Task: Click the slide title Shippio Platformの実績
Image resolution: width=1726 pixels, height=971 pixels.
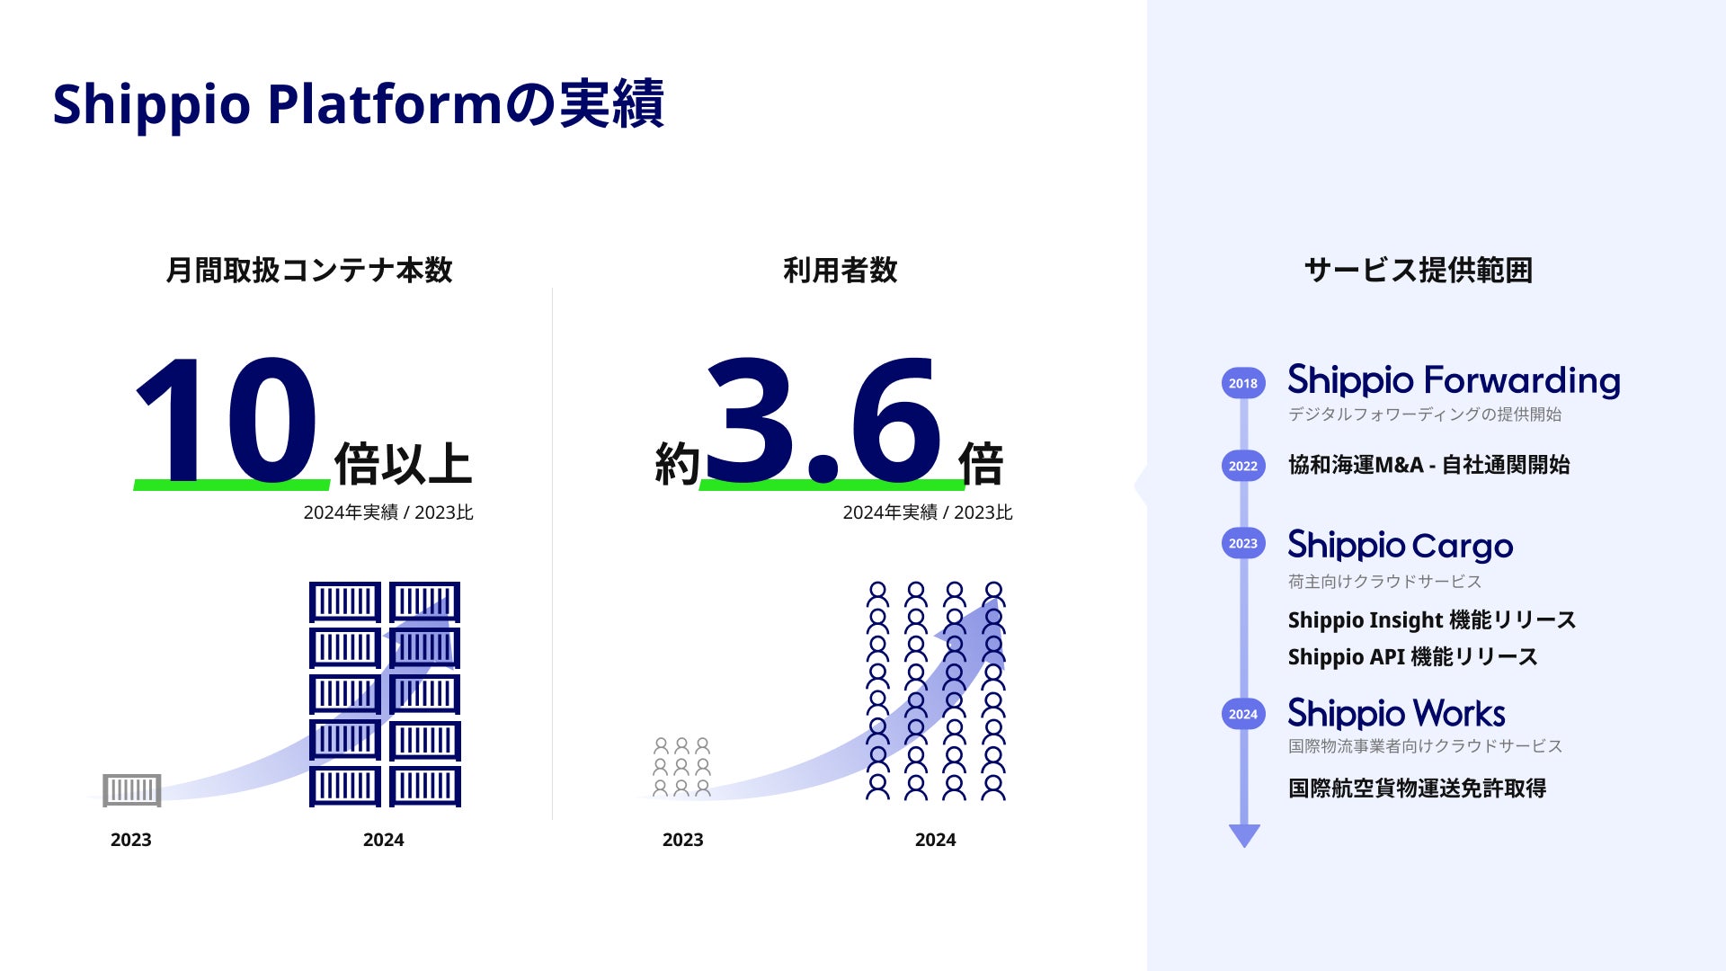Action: [358, 104]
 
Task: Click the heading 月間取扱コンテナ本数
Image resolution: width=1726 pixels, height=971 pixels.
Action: [309, 270]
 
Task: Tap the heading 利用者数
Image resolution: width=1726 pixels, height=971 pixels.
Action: [841, 270]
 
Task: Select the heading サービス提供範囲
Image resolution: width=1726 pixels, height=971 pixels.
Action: [1419, 270]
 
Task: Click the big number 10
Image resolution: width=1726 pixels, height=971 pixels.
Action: [227, 420]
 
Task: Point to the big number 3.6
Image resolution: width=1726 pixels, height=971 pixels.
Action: [824, 420]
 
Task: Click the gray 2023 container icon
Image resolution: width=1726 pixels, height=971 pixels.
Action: [132, 790]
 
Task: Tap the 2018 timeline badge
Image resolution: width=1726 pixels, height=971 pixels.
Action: [1243, 383]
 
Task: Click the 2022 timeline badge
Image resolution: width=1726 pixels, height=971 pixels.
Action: [1243, 466]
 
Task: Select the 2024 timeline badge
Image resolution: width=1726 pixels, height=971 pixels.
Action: [1243, 714]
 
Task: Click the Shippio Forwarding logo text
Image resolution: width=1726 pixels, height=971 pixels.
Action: [1454, 381]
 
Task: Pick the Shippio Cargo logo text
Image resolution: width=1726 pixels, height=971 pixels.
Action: [1401, 546]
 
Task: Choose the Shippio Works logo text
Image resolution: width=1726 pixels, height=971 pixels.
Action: [1396, 714]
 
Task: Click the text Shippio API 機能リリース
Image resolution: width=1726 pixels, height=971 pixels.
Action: [1412, 657]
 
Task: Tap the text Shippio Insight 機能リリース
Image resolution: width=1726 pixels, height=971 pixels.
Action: [1432, 620]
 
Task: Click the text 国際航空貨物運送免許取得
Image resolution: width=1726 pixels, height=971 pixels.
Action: [1417, 788]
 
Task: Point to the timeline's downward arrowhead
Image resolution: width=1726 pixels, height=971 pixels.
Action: [1244, 836]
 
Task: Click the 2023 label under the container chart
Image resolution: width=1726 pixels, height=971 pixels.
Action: [131, 840]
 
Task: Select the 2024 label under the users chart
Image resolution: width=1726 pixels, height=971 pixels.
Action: [935, 840]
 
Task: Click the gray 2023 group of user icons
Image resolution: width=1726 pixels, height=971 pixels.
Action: [681, 767]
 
